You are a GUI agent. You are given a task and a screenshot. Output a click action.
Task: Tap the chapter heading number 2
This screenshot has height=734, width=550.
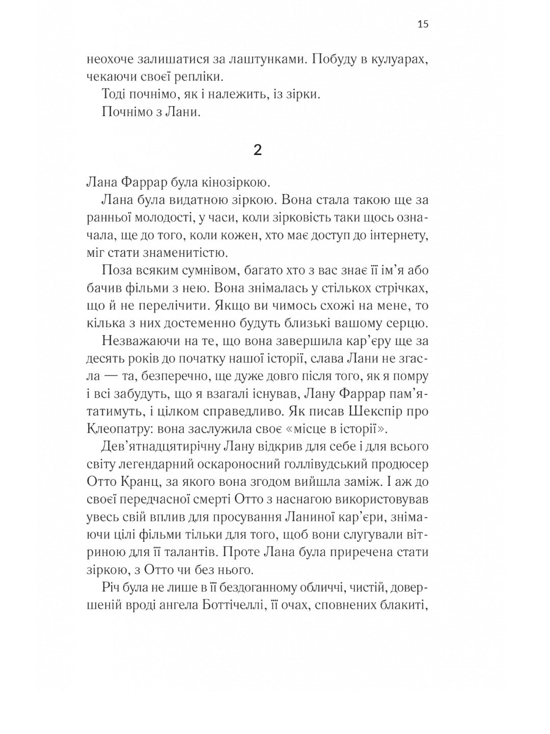[x=258, y=150]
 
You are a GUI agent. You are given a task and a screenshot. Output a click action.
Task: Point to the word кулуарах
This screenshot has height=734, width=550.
[x=397, y=59]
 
